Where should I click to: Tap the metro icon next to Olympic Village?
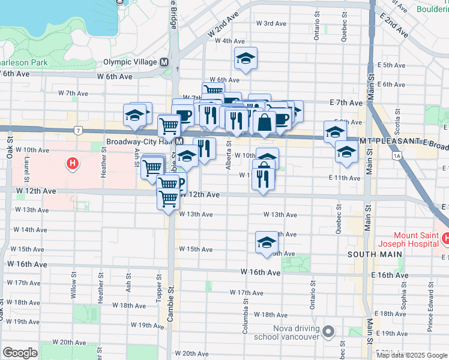click(164, 62)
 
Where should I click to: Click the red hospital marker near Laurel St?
click(73, 163)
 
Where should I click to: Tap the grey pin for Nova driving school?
click(328, 331)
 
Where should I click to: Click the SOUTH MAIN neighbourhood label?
click(367, 254)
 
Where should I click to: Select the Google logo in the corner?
click(20, 353)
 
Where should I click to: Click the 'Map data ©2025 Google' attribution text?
click(412, 355)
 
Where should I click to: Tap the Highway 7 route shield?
click(78, 130)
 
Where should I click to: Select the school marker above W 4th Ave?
click(245, 58)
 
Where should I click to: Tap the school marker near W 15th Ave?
click(267, 242)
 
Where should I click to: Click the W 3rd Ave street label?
click(271, 23)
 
